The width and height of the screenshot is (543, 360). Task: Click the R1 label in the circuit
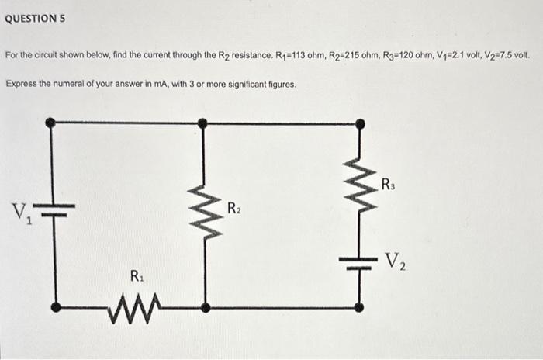pyautogui.click(x=137, y=275)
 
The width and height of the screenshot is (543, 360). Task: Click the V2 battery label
pyautogui.click(x=396, y=259)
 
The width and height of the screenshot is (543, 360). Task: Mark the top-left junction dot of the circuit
pyautogui.click(x=51, y=123)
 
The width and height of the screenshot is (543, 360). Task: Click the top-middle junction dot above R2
pyautogui.click(x=202, y=123)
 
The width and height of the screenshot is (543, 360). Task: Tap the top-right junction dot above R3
pyautogui.click(x=359, y=123)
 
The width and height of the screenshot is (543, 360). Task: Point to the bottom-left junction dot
pyautogui.click(x=54, y=308)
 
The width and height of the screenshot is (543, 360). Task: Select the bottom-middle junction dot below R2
pyautogui.click(x=204, y=308)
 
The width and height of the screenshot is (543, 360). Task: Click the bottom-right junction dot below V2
pyautogui.click(x=359, y=308)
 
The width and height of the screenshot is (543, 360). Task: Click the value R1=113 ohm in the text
pyautogui.click(x=305, y=57)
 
